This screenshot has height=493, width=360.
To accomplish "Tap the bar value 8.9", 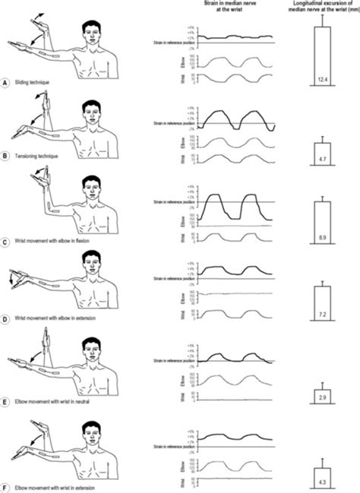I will tap(322, 239).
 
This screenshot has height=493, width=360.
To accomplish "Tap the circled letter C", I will tap(6, 242).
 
